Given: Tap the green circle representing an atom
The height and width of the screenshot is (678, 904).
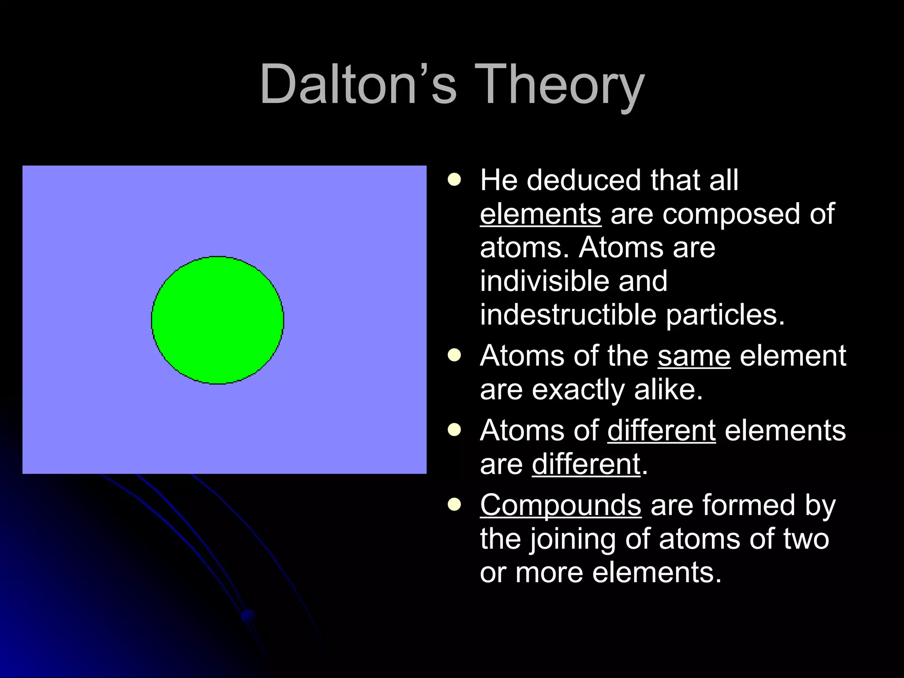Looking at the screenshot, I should [218, 320].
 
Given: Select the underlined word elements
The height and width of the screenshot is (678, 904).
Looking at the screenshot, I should [540, 214].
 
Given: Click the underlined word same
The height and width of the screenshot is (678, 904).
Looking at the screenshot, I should [694, 356].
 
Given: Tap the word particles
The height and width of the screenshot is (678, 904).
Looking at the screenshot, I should [725, 315].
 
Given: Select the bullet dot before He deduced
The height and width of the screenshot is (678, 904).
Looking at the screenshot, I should [454, 180].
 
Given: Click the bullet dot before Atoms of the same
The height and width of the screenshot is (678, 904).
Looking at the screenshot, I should [454, 355].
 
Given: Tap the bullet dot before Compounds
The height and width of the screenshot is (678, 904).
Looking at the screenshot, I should [454, 504].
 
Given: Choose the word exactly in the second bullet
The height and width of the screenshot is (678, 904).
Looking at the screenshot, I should [578, 390].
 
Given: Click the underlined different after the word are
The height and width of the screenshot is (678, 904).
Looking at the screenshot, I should [586, 464].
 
